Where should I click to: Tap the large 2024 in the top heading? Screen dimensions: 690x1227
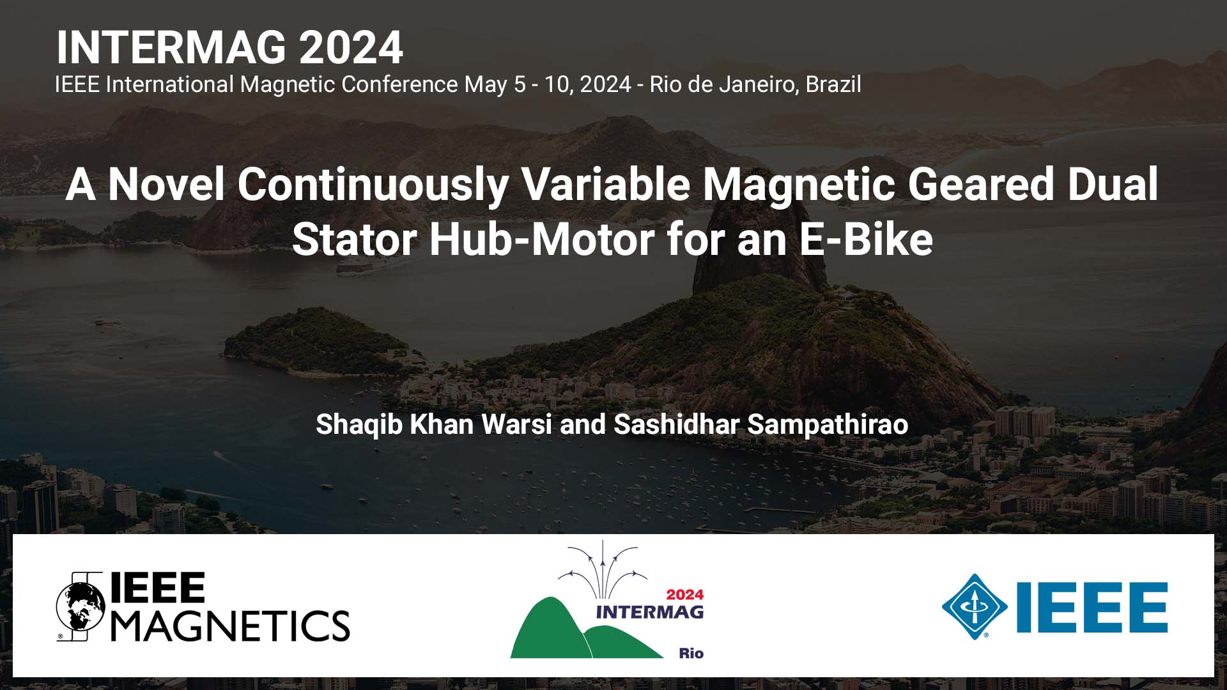351,48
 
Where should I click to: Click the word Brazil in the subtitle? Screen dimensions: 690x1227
833,84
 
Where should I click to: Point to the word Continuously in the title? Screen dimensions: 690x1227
373,185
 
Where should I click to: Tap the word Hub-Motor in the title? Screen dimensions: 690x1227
542,240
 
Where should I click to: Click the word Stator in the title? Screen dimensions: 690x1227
354,240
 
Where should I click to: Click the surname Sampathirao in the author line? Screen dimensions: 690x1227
828,424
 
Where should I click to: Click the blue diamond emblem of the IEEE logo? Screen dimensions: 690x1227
975,607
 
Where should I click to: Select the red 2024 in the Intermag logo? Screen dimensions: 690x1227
684,595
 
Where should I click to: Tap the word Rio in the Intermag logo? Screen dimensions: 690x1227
691,653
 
